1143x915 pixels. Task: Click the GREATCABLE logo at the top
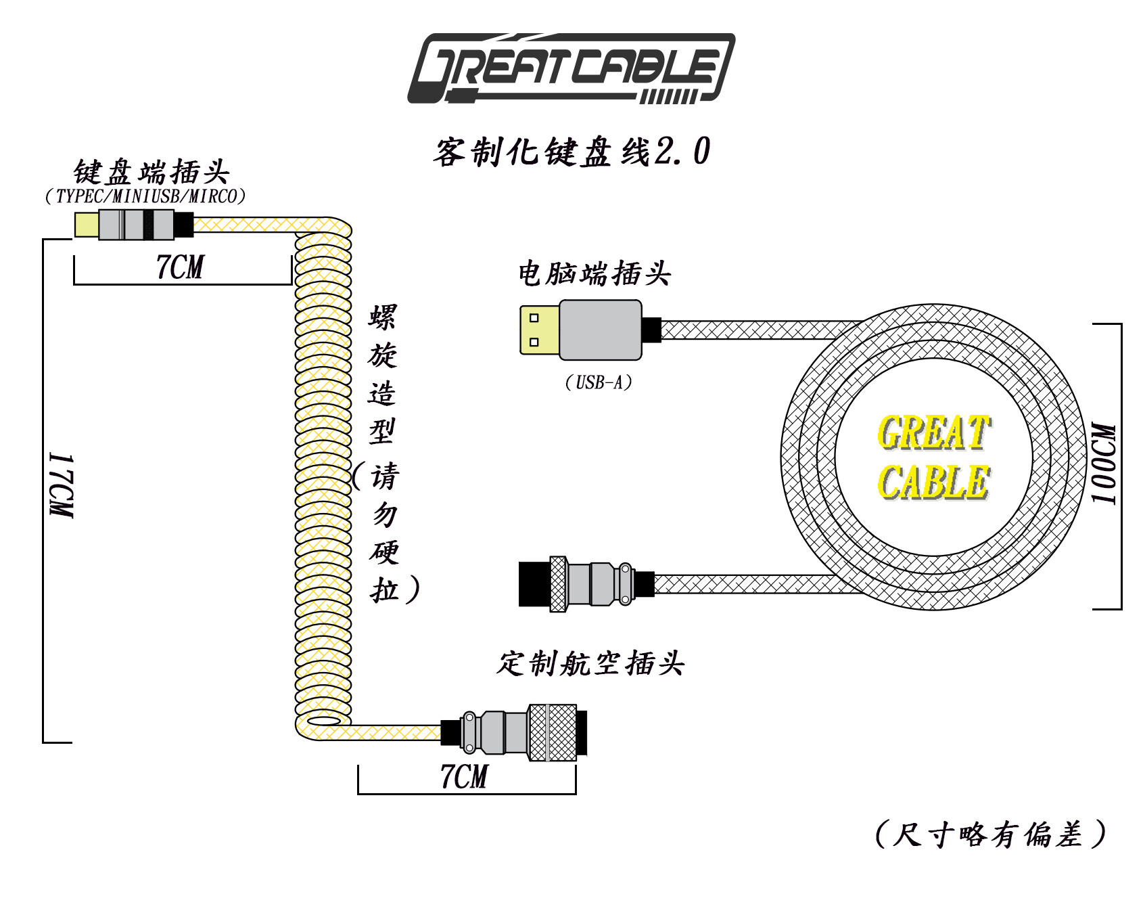[571, 68]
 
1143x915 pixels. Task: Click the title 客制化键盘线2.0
[571, 151]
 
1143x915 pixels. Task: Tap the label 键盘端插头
[151, 172]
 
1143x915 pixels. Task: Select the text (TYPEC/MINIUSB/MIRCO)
[145, 196]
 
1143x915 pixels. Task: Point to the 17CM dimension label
[62, 485]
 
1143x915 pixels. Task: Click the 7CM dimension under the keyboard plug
[180, 267]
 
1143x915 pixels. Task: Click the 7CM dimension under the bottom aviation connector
[464, 776]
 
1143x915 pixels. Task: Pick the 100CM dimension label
[1104, 464]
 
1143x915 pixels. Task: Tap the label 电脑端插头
[594, 274]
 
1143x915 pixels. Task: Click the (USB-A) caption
[599, 383]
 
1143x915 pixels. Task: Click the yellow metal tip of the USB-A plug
[540, 330]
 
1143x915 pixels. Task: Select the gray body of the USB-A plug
[601, 330]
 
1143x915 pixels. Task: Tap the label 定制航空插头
[590, 663]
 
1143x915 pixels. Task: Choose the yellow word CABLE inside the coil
[934, 482]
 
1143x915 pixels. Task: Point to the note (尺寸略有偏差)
[991, 834]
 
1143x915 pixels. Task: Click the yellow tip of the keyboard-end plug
[87, 225]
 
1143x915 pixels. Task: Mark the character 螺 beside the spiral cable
[383, 317]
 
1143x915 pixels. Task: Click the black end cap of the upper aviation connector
[534, 584]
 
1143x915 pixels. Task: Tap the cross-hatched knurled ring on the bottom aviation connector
[552, 732]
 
